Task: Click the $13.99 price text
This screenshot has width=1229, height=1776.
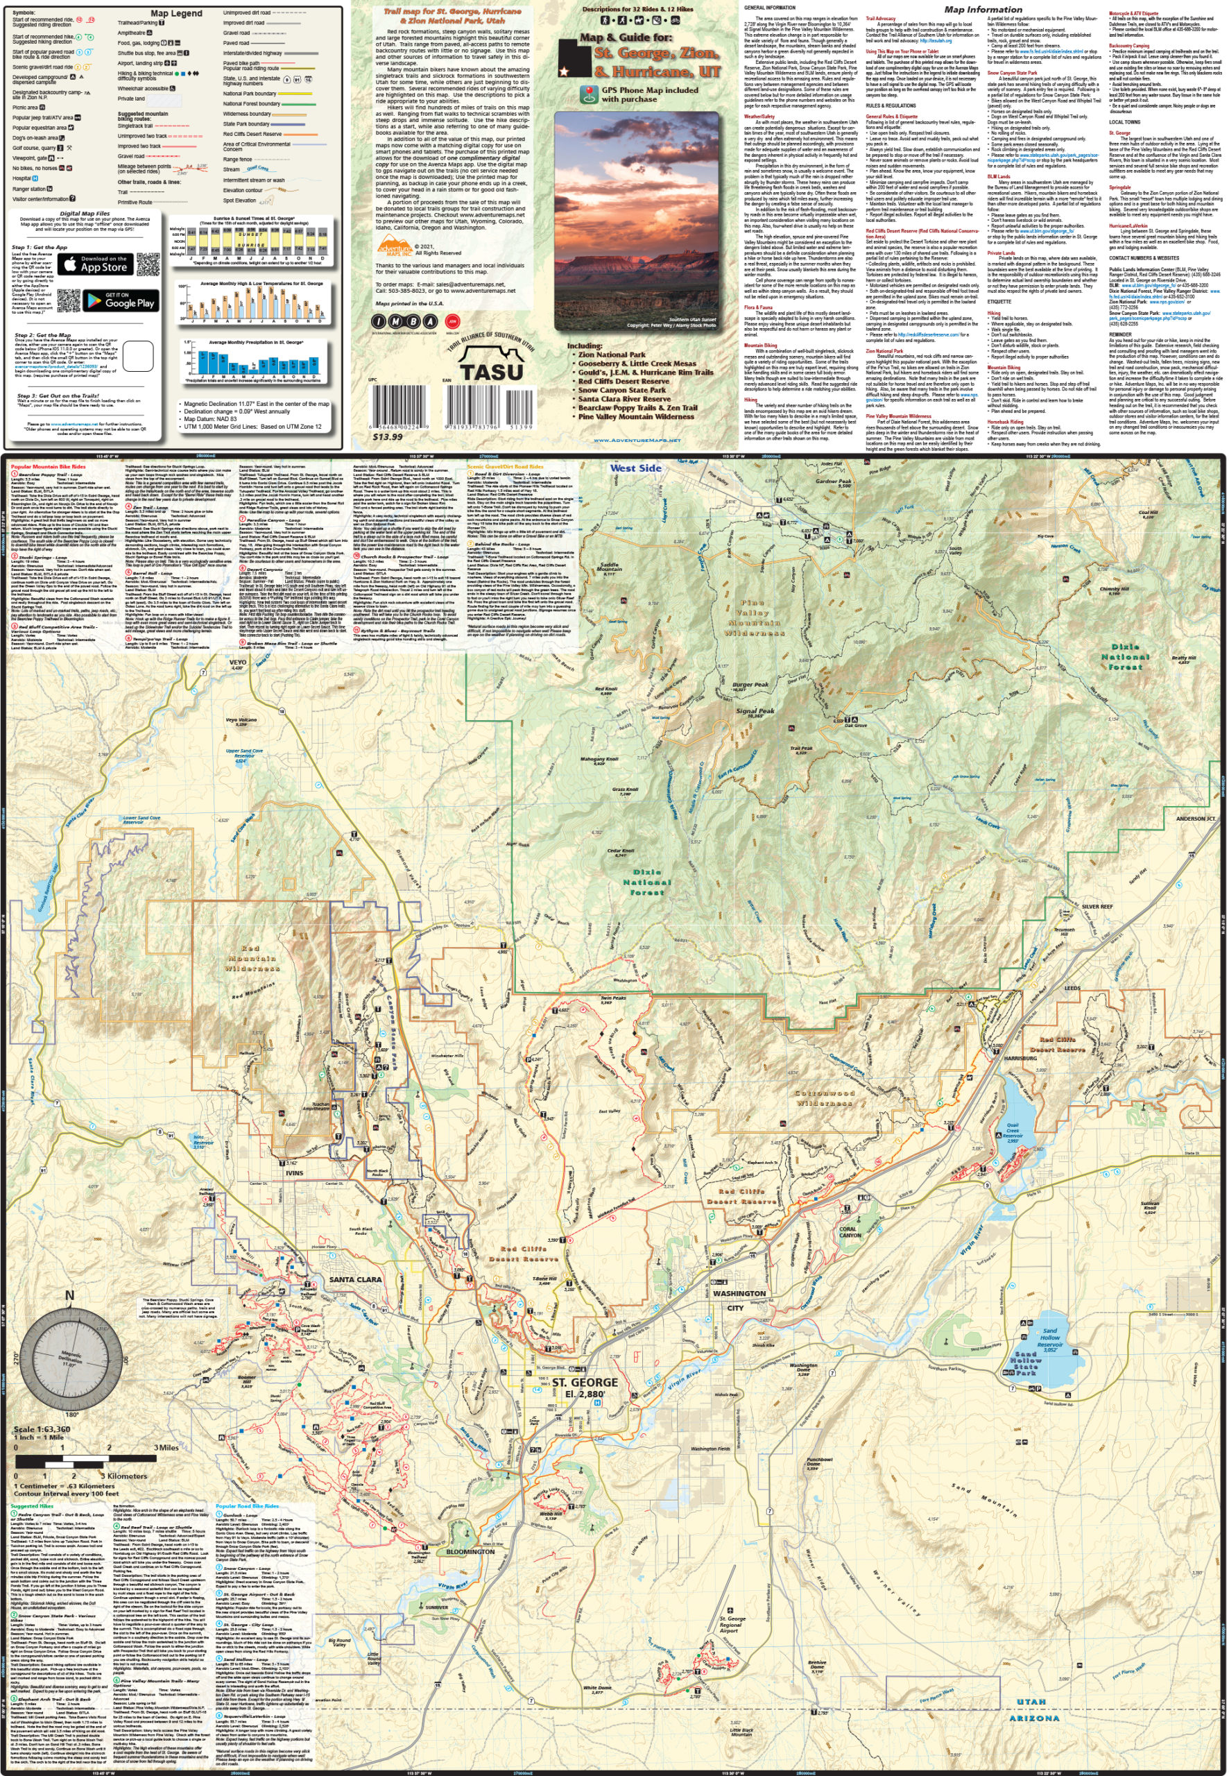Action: (x=387, y=436)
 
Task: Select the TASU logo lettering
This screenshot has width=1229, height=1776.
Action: (x=490, y=370)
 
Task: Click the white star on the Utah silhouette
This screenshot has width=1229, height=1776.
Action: (x=565, y=71)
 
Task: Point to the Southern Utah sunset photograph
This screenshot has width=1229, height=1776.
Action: (x=637, y=221)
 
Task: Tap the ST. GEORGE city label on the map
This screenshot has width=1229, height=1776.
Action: (x=585, y=1383)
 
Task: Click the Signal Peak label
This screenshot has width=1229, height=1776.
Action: (x=755, y=712)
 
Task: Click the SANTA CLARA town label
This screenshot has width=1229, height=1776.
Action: (x=355, y=1279)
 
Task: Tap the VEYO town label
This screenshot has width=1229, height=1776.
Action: (x=238, y=663)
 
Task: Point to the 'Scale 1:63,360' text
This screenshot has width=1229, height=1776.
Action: (x=42, y=1429)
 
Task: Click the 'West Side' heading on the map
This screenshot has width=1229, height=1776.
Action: (x=635, y=468)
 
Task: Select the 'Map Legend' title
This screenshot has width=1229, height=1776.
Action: (x=176, y=13)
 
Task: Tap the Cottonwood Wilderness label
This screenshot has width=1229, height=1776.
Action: (x=825, y=1098)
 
